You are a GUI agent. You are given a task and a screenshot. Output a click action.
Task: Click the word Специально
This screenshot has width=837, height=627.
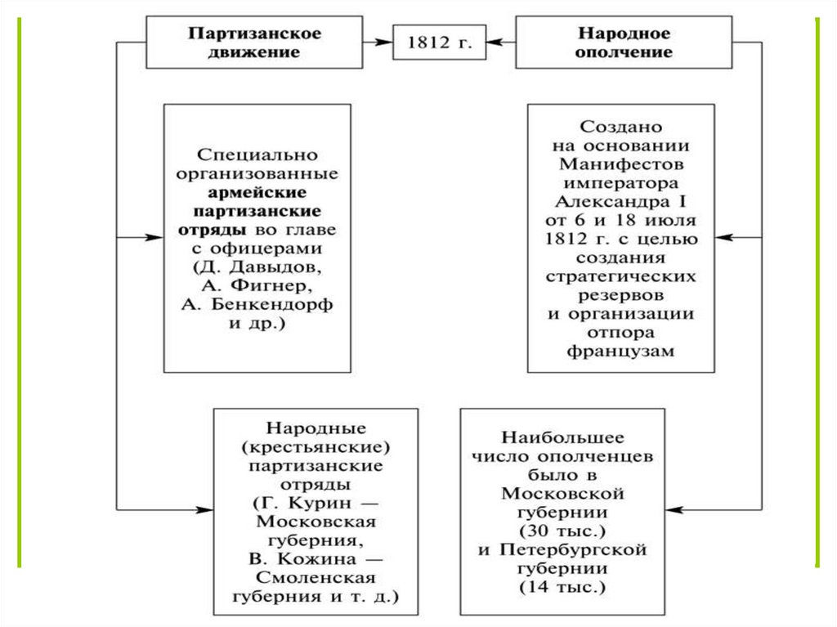(257, 155)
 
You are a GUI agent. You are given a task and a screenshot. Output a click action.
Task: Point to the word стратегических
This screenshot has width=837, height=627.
(621, 276)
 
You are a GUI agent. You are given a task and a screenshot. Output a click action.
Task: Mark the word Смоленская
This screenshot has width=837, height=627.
(316, 578)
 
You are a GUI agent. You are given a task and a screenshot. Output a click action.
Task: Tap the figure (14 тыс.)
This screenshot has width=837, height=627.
(562, 588)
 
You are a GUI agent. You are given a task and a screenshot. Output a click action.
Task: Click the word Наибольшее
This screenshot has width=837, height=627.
(562, 437)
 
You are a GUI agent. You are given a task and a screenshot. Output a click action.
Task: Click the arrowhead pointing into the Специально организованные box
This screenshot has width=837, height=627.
(156, 238)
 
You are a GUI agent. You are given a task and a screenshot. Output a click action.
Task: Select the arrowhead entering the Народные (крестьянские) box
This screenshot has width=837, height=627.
(205, 511)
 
